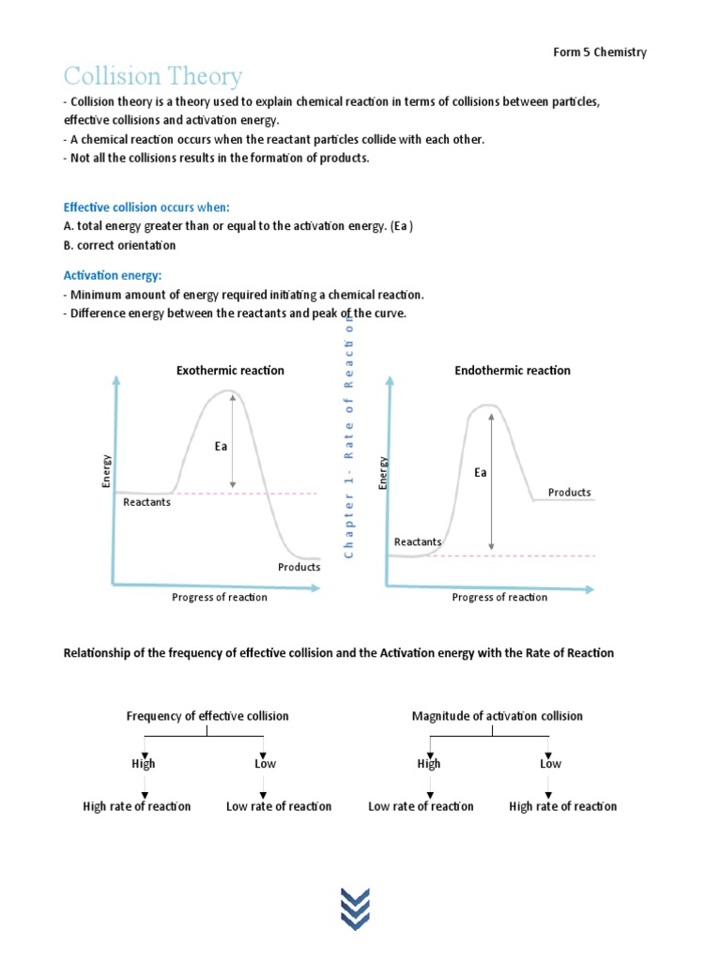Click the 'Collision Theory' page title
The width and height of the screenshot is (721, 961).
[152, 76]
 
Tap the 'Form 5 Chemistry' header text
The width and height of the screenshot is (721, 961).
[599, 52]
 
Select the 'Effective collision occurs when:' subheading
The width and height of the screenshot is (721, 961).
[146, 206]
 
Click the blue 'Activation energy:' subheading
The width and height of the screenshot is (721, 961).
[112, 275]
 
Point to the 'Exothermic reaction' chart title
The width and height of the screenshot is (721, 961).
[230, 371]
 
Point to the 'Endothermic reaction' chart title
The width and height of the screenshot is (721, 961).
[513, 371]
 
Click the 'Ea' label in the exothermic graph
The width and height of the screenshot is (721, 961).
[221, 447]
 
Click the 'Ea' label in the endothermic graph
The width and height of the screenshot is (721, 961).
[480, 473]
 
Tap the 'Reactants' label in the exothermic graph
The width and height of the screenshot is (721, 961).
[146, 502]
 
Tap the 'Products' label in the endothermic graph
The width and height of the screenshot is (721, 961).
[569, 492]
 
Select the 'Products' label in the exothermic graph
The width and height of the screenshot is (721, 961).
[299, 567]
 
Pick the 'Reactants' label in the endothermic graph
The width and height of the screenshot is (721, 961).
[418, 542]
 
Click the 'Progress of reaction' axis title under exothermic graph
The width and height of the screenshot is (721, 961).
[219, 598]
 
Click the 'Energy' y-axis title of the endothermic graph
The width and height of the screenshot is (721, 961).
[383, 471]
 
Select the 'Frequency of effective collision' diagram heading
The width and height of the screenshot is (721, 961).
[207, 716]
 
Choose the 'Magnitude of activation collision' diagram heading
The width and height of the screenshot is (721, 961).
[497, 716]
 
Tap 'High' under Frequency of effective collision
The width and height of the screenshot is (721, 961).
[144, 764]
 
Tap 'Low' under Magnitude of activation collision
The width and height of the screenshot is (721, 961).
[550, 764]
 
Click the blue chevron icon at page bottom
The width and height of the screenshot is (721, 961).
[355, 909]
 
